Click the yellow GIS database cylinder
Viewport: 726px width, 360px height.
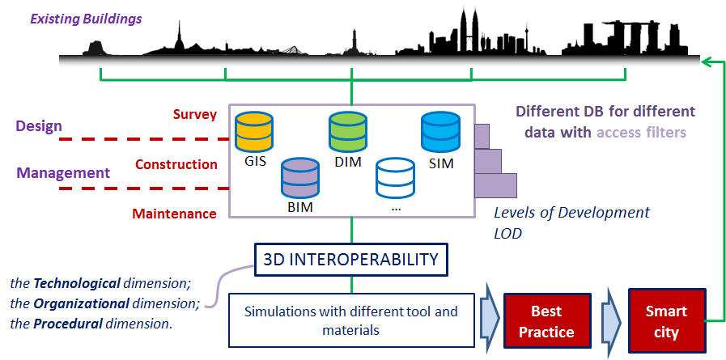pos(253,130)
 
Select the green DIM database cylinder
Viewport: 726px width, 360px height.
pos(348,130)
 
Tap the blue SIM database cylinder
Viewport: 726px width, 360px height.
pos(440,130)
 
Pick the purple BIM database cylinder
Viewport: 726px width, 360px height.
pos(300,177)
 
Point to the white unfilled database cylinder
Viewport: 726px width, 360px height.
pos(396,177)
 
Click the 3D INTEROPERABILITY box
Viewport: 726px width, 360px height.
pos(350,259)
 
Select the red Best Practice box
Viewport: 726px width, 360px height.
pos(547,320)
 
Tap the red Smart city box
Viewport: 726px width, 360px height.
pos(666,320)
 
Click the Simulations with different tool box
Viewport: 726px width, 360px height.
pos(351,320)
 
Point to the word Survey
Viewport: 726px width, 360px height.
pos(195,115)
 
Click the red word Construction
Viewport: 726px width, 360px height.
pos(176,164)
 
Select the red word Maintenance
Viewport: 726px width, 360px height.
pos(175,214)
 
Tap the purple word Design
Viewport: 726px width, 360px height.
pos(39,126)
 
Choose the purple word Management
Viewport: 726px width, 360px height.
pos(63,173)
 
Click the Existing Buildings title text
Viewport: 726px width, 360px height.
pos(86,19)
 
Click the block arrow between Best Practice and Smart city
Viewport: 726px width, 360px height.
pos(609,320)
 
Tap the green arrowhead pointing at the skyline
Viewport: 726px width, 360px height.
pos(707,60)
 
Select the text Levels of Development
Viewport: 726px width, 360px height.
pos(572,213)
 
